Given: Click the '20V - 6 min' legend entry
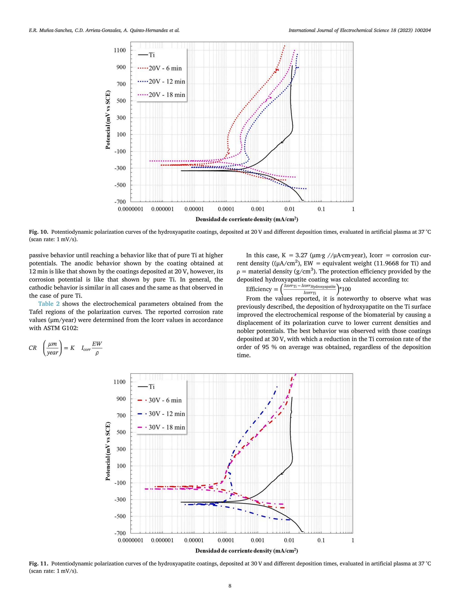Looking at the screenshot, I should point(165,68).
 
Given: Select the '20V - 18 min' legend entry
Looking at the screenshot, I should point(167,95).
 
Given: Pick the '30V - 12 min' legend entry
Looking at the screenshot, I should point(167,414).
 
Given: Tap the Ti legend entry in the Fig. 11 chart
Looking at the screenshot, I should point(151,387).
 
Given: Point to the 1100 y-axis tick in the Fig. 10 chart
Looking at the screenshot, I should point(119,50).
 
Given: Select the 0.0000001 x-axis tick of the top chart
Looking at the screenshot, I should point(130,209).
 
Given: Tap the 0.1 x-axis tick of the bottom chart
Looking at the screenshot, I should point(321,540).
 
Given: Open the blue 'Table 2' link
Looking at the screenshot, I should point(49,304).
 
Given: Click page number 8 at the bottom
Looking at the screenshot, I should point(230,586).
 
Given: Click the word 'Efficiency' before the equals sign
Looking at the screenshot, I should point(259,289).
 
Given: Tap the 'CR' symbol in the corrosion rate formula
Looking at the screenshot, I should point(33,348).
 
